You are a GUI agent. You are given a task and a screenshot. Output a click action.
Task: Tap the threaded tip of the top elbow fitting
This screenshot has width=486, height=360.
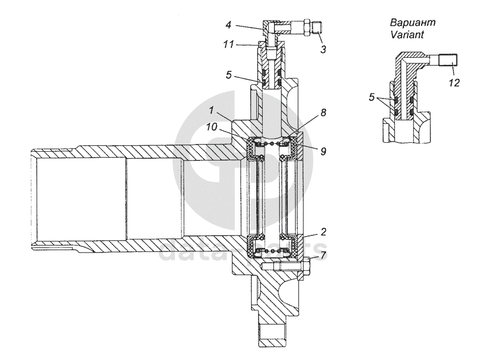pos(317,27)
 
